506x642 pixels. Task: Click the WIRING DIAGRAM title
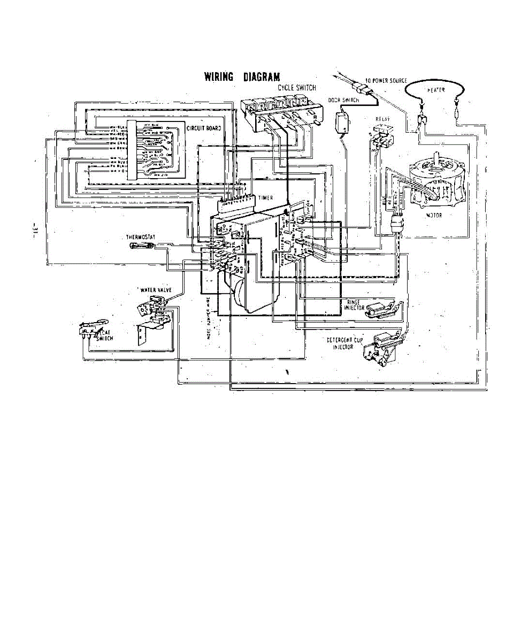pyautogui.click(x=242, y=77)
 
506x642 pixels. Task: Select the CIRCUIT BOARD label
pyautogui.click(x=204, y=128)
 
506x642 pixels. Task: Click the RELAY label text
pyautogui.click(x=382, y=119)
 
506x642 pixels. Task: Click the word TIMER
pyautogui.click(x=266, y=198)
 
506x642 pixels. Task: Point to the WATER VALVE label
pyautogui.click(x=155, y=290)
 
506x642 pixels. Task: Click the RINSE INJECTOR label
pyautogui.click(x=355, y=305)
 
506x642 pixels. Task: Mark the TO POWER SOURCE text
pyautogui.click(x=386, y=80)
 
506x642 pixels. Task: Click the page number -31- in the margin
pyautogui.click(x=34, y=231)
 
